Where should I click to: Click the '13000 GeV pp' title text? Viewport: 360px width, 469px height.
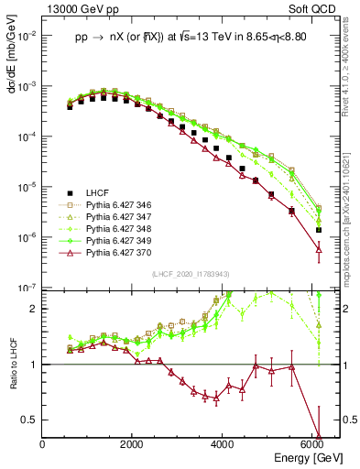tap(78, 8)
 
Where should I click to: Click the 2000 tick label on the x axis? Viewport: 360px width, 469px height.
tap(133, 446)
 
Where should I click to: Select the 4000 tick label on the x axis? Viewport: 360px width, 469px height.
tap(223, 446)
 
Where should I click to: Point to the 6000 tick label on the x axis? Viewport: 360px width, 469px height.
tap(312, 446)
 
